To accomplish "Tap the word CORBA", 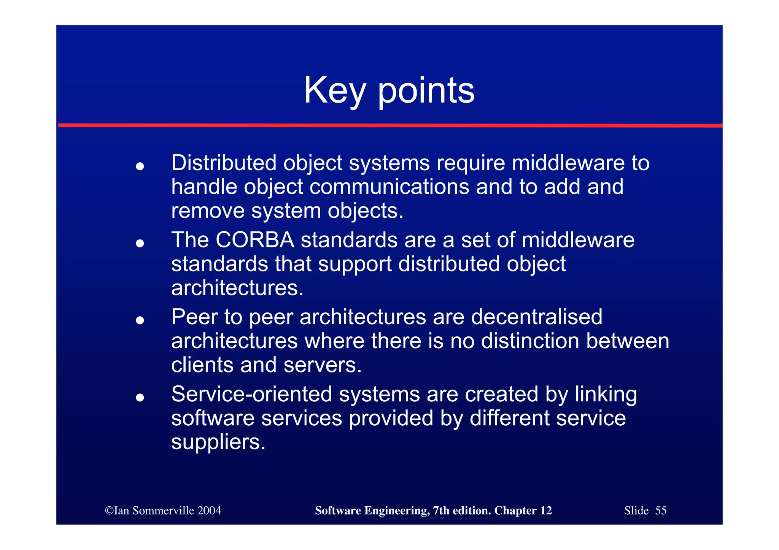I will tap(254, 240).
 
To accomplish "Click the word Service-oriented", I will tap(252, 394).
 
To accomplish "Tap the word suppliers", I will tap(218, 442).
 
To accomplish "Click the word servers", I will tap(322, 365).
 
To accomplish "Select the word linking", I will tap(606, 394).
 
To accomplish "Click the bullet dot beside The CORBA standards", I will tap(140, 243).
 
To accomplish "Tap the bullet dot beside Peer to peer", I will tap(140, 320).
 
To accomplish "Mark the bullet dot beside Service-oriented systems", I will tap(140, 398).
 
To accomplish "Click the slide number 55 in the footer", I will tap(661, 510).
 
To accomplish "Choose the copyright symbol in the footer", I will tap(109, 510).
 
